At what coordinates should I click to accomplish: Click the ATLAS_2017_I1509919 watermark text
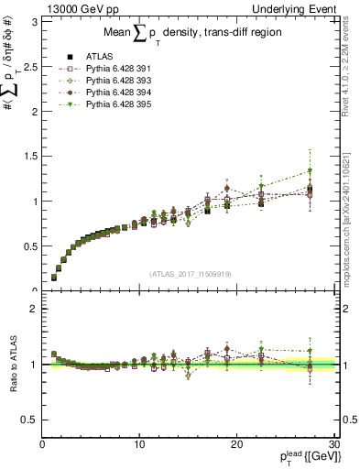tap(191, 273)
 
